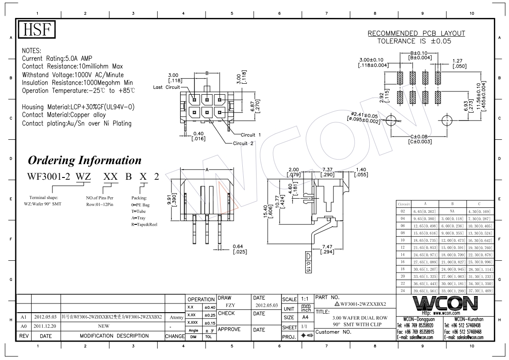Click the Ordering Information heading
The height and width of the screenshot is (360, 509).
(x=85, y=160)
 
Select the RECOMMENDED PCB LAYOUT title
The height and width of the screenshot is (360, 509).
(x=416, y=33)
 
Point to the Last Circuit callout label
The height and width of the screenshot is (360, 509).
(x=167, y=86)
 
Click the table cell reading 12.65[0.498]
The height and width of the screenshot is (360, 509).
(x=425, y=226)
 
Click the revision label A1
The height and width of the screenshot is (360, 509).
(x=23, y=317)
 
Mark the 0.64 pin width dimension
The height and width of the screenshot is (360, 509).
(x=238, y=249)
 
